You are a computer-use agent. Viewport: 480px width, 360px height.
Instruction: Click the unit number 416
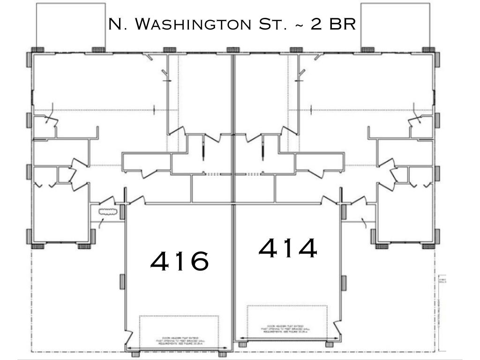point(180,261)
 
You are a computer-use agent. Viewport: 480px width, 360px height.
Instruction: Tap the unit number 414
point(287,248)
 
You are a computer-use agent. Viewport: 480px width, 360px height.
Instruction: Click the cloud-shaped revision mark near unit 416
point(107,212)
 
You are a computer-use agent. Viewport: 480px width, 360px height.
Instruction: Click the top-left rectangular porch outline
point(71,25)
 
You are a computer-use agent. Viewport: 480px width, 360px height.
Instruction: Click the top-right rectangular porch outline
point(395,25)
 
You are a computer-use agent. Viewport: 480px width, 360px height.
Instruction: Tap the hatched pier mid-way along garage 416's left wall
point(122,281)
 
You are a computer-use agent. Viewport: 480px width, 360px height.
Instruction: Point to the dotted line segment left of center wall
point(213,174)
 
